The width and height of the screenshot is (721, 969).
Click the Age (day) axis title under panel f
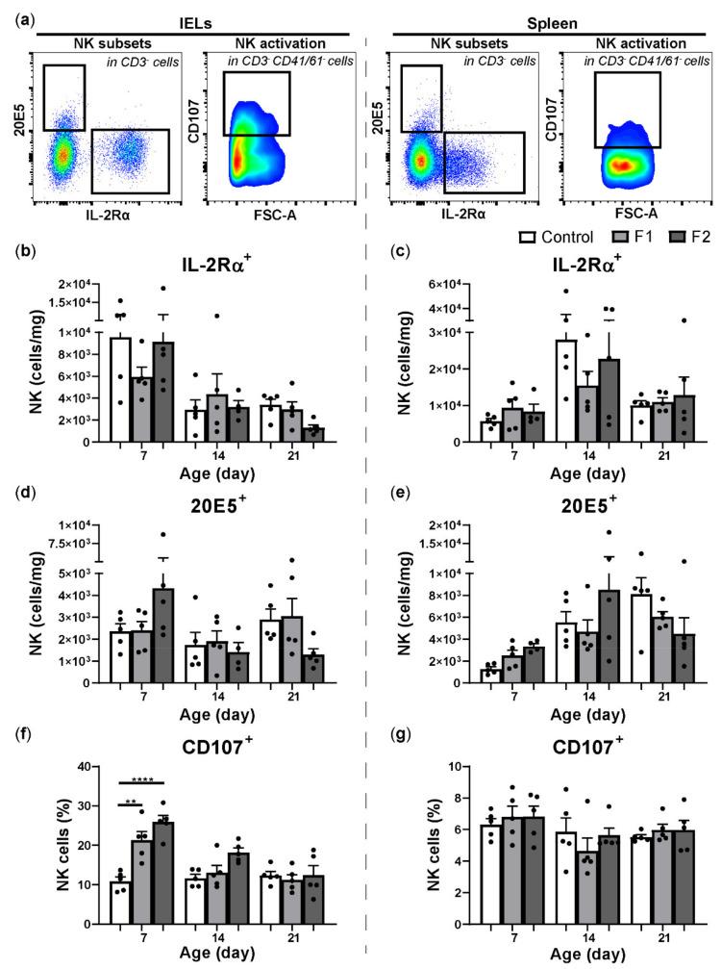(187, 955)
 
